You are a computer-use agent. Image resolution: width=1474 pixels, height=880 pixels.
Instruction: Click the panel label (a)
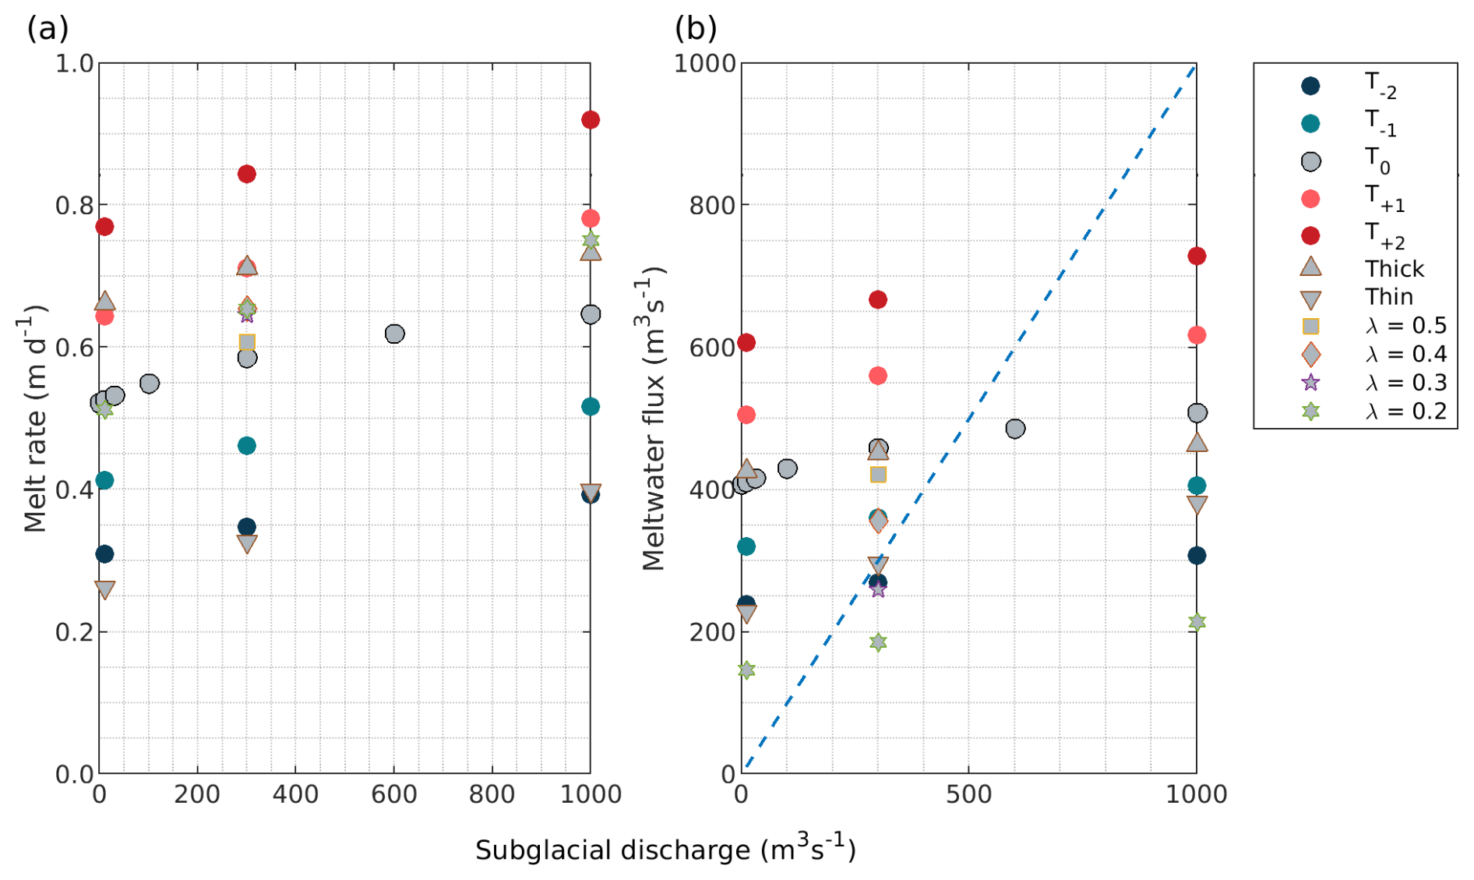pos(48,30)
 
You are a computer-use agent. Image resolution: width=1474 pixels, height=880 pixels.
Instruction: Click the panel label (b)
pos(695,30)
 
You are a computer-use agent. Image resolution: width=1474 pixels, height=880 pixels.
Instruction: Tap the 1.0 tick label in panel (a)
pos(74,63)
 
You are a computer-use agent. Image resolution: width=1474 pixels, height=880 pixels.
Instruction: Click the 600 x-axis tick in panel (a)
pos(393,794)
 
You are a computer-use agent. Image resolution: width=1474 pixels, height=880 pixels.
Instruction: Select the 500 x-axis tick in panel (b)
pos(968,794)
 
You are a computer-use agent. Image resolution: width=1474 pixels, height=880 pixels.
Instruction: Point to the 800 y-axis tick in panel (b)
pos(712,206)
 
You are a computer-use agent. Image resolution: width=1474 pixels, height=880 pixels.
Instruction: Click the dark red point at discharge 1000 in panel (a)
pos(590,120)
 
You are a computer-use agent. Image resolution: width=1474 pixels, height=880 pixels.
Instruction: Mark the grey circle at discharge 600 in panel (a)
pos(394,334)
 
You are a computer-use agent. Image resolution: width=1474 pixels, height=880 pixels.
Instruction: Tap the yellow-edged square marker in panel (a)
pos(247,341)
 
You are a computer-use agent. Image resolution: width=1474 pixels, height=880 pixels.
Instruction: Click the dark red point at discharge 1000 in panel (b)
pos(1197,256)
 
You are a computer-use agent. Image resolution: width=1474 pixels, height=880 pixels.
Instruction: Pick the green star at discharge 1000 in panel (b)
pos(1197,622)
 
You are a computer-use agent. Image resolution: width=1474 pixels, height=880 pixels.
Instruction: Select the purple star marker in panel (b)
pos(878,590)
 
